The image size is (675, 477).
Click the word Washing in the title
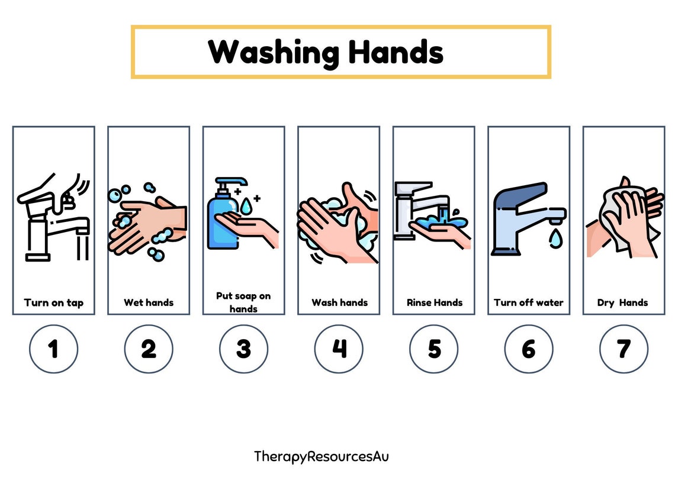click(274, 52)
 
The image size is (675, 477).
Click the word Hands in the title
click(396, 52)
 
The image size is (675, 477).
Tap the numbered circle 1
click(53, 349)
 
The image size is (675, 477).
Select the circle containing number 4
click(339, 349)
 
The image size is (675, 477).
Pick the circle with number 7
click(623, 349)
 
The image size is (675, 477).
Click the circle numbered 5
click(434, 349)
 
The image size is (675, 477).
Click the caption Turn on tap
click(53, 302)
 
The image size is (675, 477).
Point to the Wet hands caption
click(149, 302)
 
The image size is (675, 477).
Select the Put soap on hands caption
click(243, 302)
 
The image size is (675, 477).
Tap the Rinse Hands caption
click(434, 302)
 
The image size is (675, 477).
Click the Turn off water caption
click(529, 302)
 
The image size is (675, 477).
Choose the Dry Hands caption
click(623, 302)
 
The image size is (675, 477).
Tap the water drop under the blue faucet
click(555, 238)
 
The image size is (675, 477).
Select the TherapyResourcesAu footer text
click(322, 456)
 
